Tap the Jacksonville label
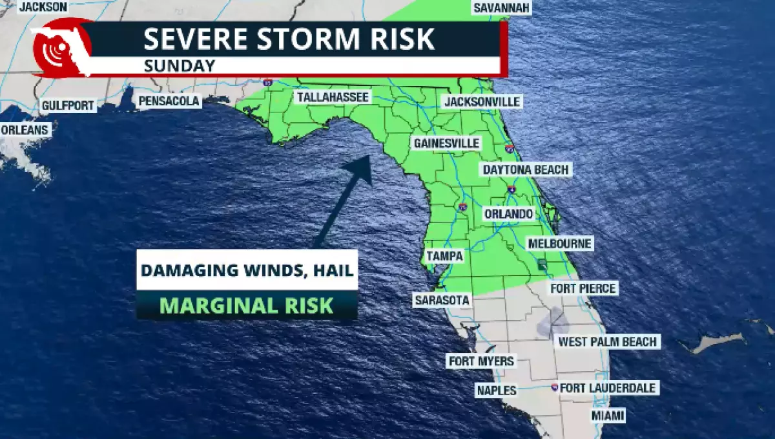[482, 102]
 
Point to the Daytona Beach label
[526, 169]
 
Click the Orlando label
[509, 214]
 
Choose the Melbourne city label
[560, 244]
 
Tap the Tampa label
[445, 256]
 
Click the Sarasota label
[442, 300]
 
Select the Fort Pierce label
[584, 288]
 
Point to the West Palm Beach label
[608, 341]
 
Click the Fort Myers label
[481, 361]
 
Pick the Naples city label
[497, 390]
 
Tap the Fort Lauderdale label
[608, 388]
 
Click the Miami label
[608, 415]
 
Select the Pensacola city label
[170, 102]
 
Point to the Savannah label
[502, 8]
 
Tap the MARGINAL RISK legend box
[247, 305]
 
